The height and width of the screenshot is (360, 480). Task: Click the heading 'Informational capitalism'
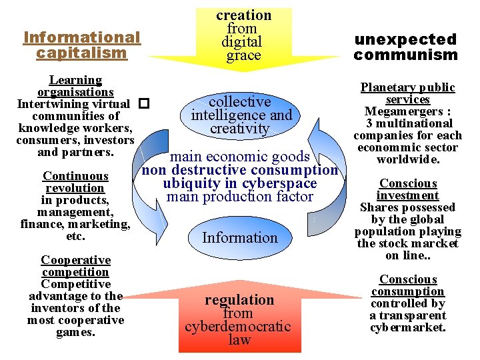[x=82, y=45]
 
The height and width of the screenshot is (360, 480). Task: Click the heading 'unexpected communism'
[x=405, y=47]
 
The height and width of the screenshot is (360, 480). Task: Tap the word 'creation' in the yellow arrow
[x=243, y=15]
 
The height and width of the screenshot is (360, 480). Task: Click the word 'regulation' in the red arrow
[x=239, y=300]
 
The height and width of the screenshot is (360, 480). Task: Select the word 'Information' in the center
[x=239, y=238]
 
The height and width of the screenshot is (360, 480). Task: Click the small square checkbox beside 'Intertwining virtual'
[x=143, y=104]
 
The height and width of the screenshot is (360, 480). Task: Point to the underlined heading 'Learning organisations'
[x=75, y=86]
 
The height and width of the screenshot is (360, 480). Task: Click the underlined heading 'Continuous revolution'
[x=75, y=182]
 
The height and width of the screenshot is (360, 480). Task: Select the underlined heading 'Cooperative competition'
[x=75, y=266]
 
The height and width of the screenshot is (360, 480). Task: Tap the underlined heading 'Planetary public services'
[x=407, y=93]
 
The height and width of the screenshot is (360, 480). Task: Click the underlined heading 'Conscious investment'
[x=408, y=189]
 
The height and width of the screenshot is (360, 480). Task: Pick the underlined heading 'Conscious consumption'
[x=408, y=285]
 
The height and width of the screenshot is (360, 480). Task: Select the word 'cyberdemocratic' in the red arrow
[x=238, y=327]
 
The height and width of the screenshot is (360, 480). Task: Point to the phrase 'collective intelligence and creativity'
[x=240, y=115]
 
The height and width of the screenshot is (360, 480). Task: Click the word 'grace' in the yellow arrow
[x=243, y=56]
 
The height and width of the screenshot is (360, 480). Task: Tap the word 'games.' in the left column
[x=75, y=332]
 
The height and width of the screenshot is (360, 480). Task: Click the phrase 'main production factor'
[x=239, y=197]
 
